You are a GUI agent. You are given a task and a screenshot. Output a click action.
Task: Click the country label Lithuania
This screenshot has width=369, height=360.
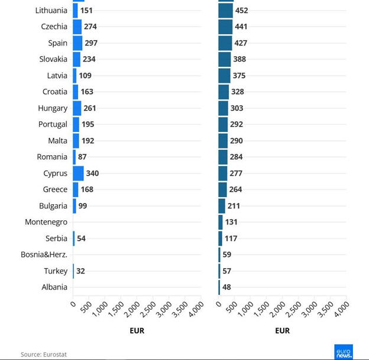[x=51, y=11]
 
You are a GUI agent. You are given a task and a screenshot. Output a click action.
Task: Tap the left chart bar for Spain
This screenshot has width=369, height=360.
[x=77, y=43]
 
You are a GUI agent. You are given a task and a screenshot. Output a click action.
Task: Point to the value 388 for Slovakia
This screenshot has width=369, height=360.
[x=239, y=59]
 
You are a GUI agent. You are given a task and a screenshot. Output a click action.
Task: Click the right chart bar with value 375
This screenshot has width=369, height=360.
[x=224, y=76]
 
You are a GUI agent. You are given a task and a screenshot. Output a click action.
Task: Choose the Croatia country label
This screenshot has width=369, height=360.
[x=55, y=92]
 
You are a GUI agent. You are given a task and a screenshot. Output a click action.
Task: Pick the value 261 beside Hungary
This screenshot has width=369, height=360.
[x=89, y=108]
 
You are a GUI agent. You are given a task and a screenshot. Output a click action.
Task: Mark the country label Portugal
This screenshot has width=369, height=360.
[x=53, y=124]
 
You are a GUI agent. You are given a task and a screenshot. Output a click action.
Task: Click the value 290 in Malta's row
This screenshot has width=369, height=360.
[x=236, y=141]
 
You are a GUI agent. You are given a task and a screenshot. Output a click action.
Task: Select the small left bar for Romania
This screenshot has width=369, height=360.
[x=75, y=157]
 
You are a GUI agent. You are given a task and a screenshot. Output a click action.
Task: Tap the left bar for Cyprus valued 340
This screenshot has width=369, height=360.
[x=78, y=173]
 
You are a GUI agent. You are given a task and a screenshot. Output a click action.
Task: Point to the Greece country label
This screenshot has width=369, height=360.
[x=55, y=189]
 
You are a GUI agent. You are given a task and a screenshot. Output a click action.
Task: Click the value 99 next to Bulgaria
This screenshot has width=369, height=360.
[x=82, y=206]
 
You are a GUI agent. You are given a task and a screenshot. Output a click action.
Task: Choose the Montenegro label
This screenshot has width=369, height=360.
[x=46, y=222]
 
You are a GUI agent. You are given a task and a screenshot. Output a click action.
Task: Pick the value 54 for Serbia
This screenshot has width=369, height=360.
[x=82, y=239]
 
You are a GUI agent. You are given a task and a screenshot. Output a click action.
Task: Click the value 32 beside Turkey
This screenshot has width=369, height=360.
[x=80, y=271]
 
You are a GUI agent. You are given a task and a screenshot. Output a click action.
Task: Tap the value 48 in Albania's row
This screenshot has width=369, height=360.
[x=227, y=287]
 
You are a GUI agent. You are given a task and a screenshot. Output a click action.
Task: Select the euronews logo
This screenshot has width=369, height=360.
[x=343, y=351]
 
